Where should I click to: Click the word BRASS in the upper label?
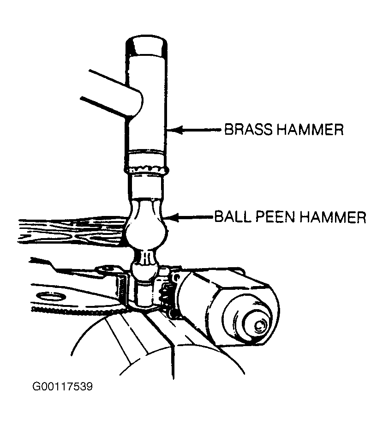pyautogui.click(x=248, y=129)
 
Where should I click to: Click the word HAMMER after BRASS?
pyautogui.click(x=310, y=129)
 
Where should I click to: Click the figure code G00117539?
pyautogui.click(x=62, y=386)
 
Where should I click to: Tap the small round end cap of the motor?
pyautogui.click(x=260, y=324)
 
